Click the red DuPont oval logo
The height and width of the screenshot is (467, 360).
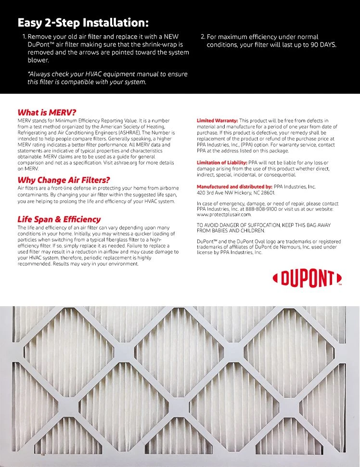(307, 278)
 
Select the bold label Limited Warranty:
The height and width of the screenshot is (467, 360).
(217, 120)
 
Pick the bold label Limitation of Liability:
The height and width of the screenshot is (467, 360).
(222, 163)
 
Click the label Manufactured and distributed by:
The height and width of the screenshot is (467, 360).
(234, 186)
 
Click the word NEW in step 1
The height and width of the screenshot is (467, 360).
(172, 37)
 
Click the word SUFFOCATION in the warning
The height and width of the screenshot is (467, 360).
(262, 225)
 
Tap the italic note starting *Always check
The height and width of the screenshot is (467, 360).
(107, 78)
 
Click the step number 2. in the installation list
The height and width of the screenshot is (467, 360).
(203, 37)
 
